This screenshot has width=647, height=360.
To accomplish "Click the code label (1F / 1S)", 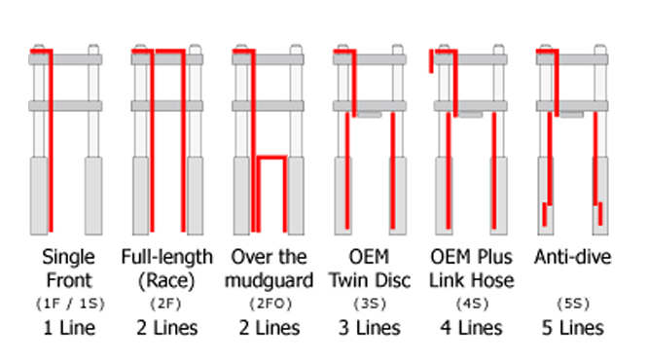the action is coord(70,304).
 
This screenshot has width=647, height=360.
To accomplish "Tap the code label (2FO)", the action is coord(270,304).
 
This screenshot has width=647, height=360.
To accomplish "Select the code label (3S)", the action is coord(370,304).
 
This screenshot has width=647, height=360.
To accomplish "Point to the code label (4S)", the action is coord(472,304).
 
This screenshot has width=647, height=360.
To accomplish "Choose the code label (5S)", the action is coord(573,304).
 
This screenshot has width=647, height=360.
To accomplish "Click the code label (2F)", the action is coord(165,304).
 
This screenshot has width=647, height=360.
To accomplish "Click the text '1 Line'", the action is coord(69,328).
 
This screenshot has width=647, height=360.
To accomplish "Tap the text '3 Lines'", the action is coord(370,328).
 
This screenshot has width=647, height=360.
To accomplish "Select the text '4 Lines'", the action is coord(471,328).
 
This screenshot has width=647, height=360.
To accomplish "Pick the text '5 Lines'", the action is coord(573,328).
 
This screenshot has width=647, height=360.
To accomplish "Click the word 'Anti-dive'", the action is coord(573,257).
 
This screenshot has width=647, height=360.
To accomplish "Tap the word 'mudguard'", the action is coord(270,281).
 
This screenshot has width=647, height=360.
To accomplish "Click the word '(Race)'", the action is coord(166,281).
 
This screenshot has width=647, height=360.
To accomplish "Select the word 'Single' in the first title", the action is coord(68,258).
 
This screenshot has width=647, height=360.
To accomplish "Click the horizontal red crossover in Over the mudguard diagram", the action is coord(271,158).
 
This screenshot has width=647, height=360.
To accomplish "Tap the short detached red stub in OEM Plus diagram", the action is coord(431,61).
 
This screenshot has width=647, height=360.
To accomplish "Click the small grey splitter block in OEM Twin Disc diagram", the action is coord(370,115).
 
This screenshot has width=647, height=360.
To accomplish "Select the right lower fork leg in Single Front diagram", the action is coord(93,196).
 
